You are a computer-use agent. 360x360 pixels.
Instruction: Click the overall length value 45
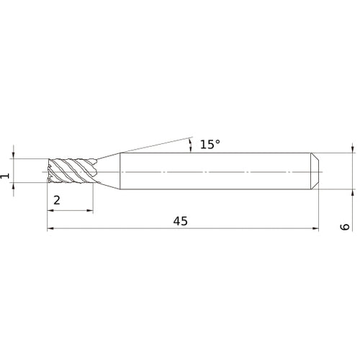(181, 222)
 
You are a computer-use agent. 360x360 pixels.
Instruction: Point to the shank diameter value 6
(345, 227)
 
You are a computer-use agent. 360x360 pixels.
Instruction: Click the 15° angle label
(210, 145)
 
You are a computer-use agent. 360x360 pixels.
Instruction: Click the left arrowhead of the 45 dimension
(50, 230)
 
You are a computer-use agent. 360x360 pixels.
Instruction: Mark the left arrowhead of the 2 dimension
(50, 210)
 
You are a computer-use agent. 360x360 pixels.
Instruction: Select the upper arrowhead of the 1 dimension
(14, 154)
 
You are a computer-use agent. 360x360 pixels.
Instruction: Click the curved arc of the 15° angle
(191, 145)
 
